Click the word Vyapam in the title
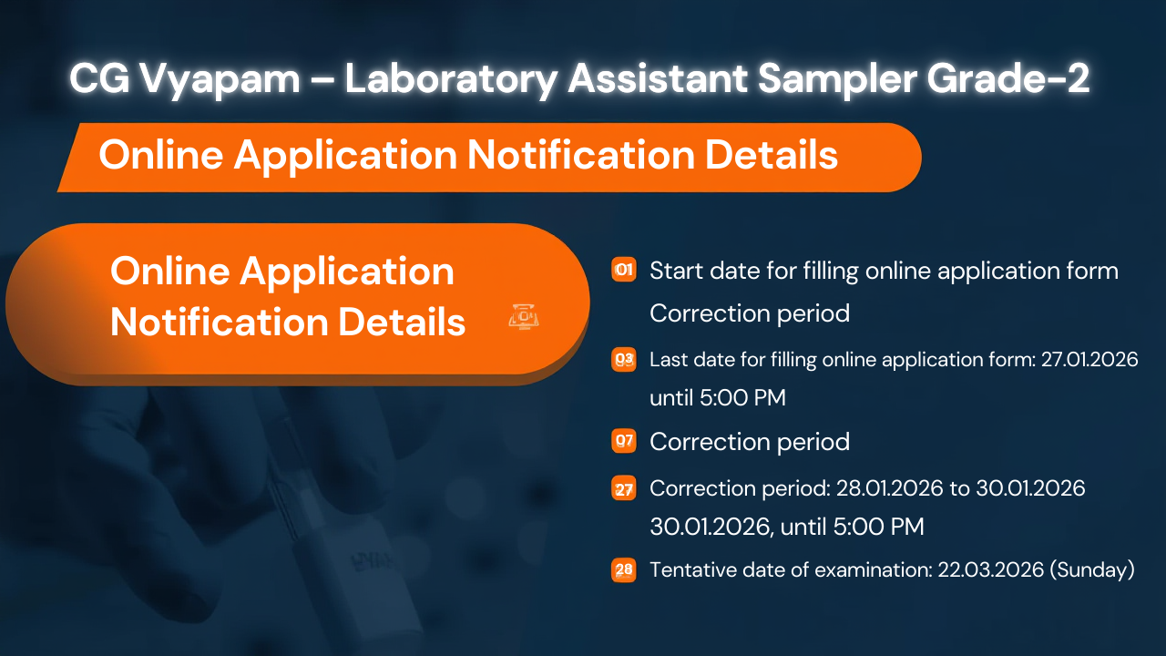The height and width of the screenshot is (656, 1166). (x=220, y=80)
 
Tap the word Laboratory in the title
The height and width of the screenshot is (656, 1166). (x=450, y=80)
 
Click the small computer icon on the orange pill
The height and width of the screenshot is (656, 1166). (x=525, y=316)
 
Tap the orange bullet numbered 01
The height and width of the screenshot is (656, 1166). (x=624, y=271)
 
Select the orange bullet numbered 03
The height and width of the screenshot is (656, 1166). (x=624, y=360)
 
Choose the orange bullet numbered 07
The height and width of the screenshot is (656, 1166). (x=624, y=442)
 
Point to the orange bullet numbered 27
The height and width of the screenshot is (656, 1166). (x=624, y=489)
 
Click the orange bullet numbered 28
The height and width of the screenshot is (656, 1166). (x=624, y=571)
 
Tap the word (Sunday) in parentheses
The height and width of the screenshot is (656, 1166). (x=1092, y=570)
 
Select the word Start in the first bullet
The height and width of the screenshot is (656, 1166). (x=671, y=271)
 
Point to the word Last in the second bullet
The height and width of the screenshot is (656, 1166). (x=666, y=360)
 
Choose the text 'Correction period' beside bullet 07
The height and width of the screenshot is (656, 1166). (x=749, y=442)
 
